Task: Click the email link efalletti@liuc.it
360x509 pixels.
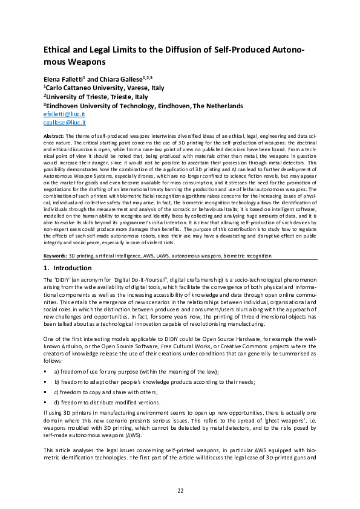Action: (62, 114)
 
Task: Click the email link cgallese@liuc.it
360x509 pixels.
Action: (62, 122)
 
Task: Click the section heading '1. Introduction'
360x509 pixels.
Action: (67, 267)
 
